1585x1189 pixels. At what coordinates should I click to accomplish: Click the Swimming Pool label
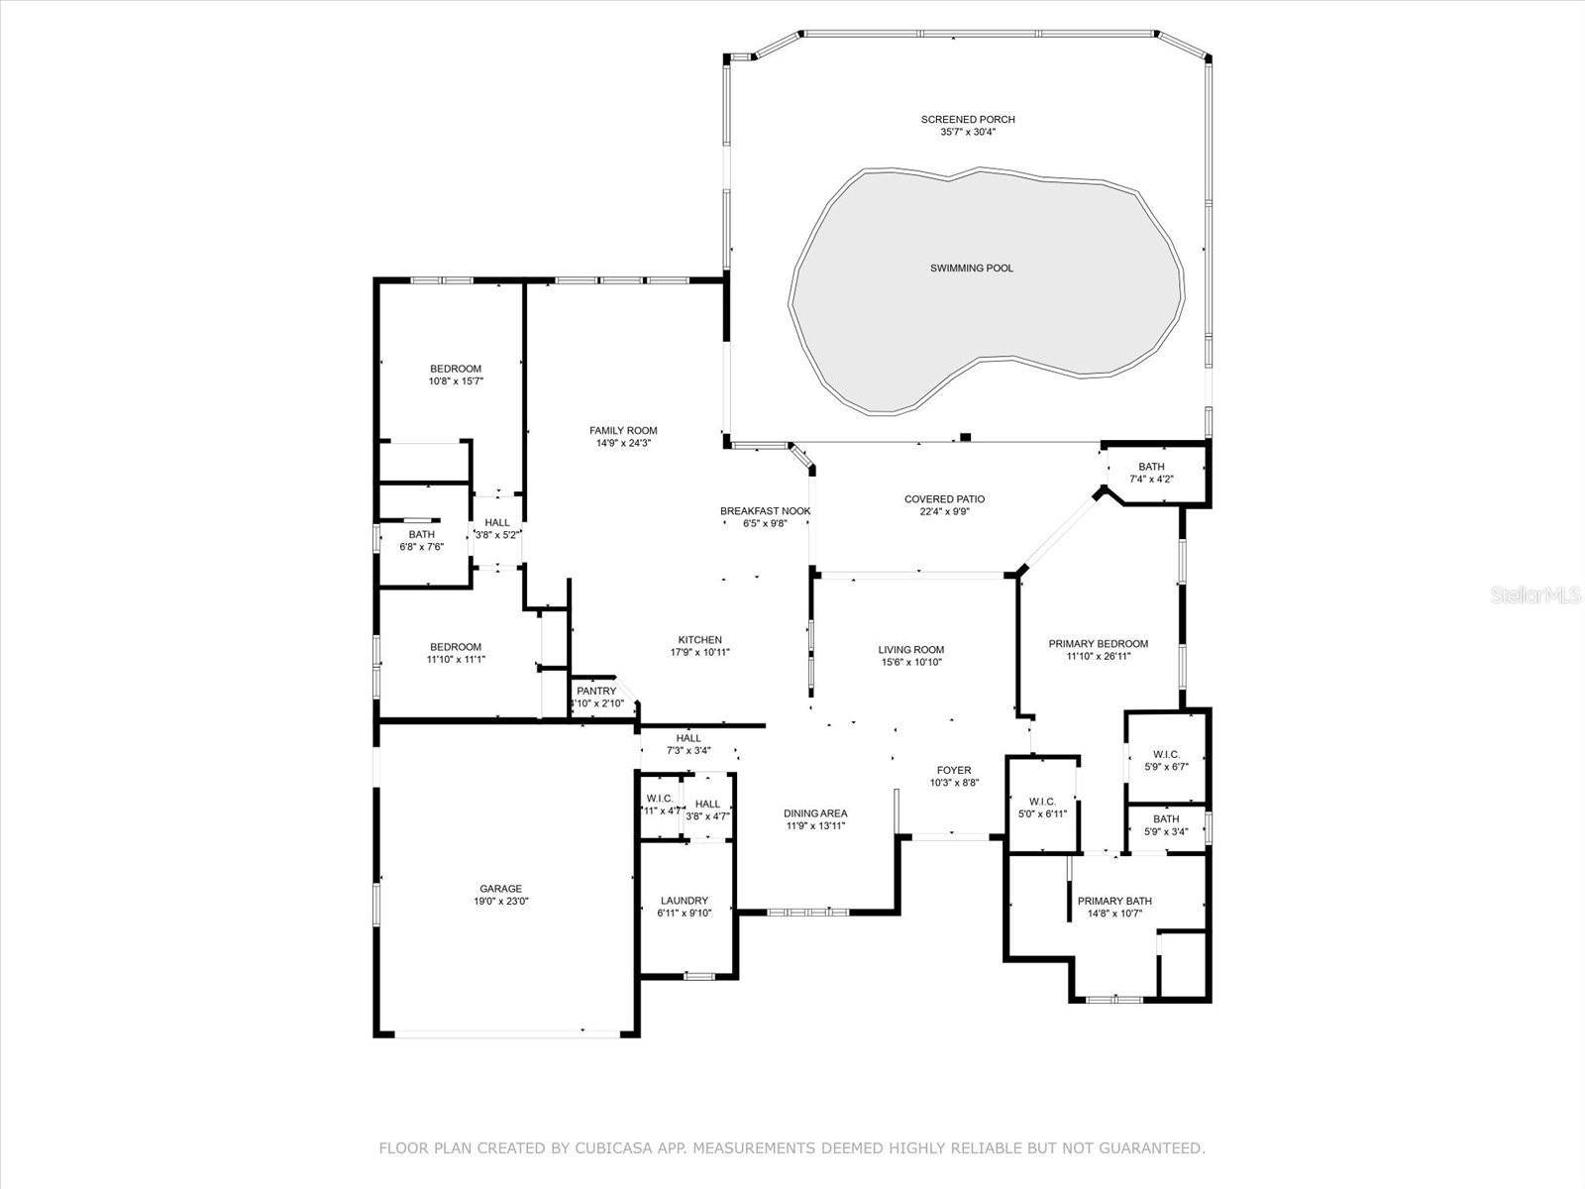click(971, 268)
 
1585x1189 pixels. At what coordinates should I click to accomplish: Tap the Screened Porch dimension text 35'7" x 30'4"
click(968, 131)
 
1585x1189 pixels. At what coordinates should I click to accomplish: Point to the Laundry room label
click(684, 901)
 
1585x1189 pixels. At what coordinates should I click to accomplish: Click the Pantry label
click(596, 691)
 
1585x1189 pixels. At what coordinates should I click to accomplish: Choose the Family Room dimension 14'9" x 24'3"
click(623, 443)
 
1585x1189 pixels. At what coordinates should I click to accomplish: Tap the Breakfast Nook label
click(765, 511)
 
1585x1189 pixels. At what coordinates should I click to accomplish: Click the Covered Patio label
click(944, 499)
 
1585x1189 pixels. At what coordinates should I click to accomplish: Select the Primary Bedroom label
click(1098, 644)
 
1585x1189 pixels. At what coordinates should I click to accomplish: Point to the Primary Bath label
click(1114, 901)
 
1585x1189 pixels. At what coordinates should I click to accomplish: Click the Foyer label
click(954, 770)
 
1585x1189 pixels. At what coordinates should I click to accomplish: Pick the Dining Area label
click(815, 813)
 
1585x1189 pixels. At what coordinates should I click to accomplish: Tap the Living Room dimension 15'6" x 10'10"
click(909, 662)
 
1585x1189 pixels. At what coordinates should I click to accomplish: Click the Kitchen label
click(699, 640)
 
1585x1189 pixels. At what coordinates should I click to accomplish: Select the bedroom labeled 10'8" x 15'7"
click(456, 380)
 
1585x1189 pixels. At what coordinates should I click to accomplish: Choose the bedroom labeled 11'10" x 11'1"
click(456, 659)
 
